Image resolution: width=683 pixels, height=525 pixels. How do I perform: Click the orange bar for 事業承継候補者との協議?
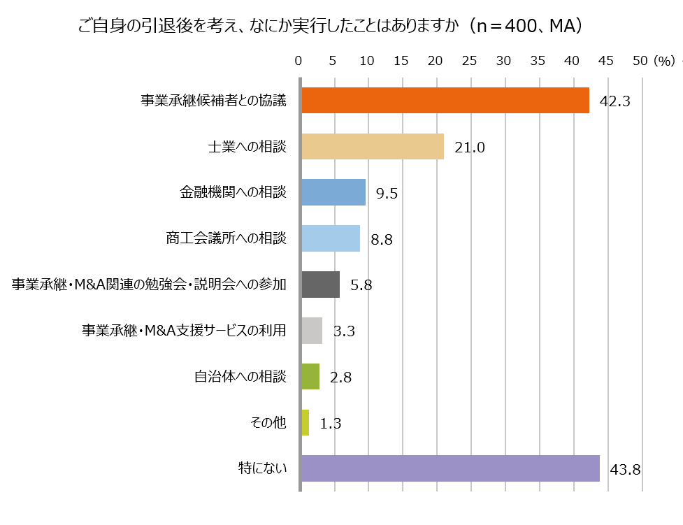click(x=445, y=101)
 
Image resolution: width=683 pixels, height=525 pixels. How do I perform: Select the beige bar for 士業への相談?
click(x=373, y=147)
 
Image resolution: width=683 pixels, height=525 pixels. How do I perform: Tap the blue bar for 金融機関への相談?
click(x=333, y=192)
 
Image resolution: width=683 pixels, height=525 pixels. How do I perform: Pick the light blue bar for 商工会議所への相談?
click(x=331, y=238)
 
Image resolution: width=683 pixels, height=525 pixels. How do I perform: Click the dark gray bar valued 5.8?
click(x=321, y=285)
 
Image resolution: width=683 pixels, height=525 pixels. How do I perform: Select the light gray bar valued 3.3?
click(x=312, y=331)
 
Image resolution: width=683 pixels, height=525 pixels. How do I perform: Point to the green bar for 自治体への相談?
click(x=310, y=376)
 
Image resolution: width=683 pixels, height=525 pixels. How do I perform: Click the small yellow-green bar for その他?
click(x=305, y=422)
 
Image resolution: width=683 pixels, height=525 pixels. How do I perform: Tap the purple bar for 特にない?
click(x=450, y=468)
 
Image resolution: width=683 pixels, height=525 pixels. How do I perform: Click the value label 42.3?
click(x=615, y=101)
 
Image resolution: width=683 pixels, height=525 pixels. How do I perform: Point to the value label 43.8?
click(x=626, y=469)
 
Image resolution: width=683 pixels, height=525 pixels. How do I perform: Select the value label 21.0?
click(x=469, y=148)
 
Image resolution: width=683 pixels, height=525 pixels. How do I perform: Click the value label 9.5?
click(x=387, y=194)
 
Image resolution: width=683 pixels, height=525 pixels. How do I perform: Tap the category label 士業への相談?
click(x=247, y=147)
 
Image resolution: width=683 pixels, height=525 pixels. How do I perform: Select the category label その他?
click(x=268, y=422)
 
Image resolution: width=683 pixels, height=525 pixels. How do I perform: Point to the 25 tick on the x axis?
click(x=470, y=61)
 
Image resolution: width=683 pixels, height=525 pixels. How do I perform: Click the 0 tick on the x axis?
click(x=299, y=61)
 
